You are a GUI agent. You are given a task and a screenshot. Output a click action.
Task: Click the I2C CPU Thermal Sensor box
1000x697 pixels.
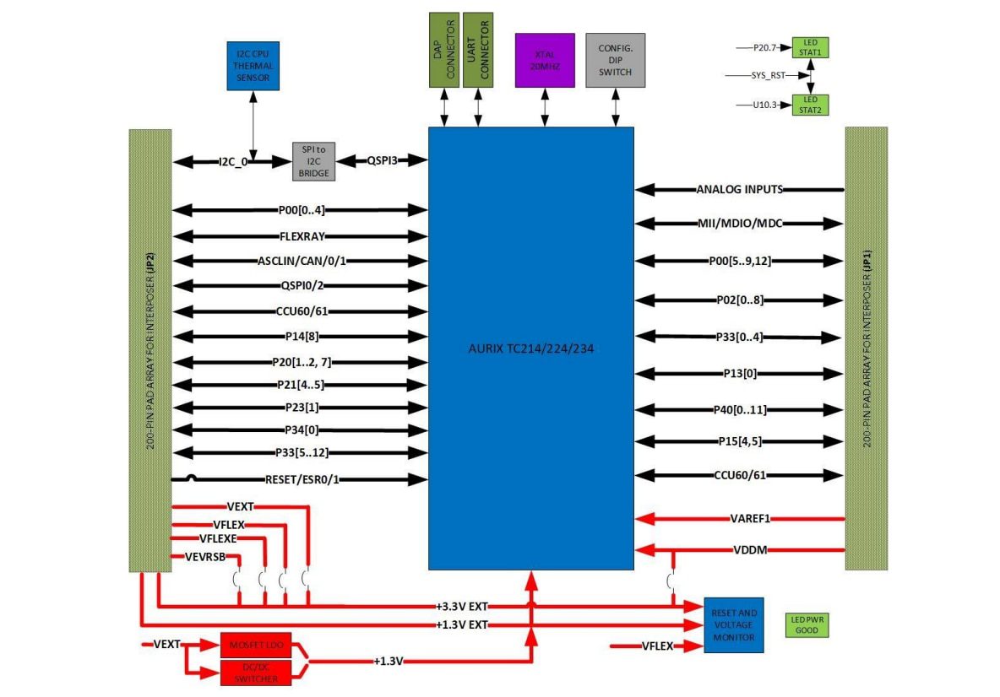(253, 65)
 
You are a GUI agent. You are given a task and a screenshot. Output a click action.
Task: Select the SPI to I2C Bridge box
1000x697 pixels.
(313, 160)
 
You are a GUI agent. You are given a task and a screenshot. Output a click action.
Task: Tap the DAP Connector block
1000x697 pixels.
(443, 49)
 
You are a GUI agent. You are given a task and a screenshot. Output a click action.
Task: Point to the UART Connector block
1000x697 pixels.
(479, 49)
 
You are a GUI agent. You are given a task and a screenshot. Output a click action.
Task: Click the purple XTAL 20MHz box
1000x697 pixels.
(545, 60)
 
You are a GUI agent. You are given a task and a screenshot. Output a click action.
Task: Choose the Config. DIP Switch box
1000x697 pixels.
(615, 60)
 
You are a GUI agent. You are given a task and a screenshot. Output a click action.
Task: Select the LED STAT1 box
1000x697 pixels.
(810, 47)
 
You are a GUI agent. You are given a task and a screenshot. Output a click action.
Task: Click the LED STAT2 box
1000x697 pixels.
(810, 104)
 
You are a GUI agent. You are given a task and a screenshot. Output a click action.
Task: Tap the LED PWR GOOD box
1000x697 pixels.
(807, 624)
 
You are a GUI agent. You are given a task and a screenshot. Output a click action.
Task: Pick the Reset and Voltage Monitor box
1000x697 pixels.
(734, 624)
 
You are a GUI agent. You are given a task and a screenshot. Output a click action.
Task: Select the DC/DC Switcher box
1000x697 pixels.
(254, 672)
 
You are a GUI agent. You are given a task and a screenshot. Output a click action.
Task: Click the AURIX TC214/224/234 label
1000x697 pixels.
(530, 348)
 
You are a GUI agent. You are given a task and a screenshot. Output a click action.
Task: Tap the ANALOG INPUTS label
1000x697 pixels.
(739, 189)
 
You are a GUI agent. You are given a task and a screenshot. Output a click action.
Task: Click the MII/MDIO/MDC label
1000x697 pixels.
(739, 224)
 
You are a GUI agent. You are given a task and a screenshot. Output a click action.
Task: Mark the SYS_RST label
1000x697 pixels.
(768, 75)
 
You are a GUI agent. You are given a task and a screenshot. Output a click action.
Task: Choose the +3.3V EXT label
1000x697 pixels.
(462, 606)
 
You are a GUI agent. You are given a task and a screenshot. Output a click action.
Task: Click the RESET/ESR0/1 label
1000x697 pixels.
(302, 479)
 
